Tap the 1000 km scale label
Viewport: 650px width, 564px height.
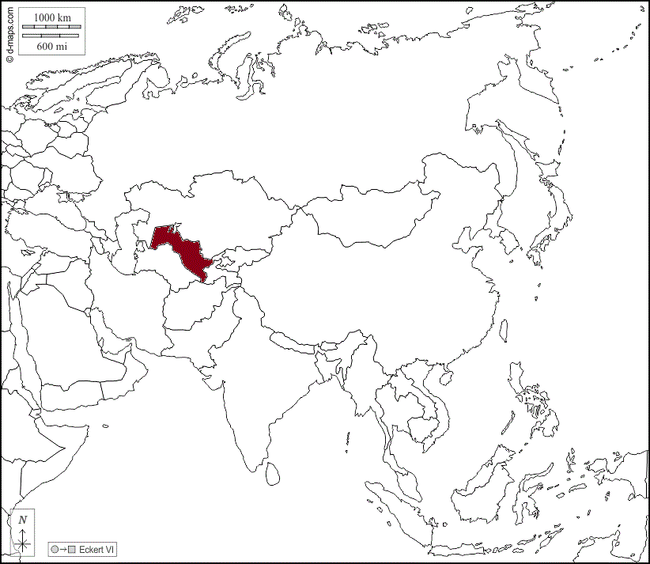tap(51, 17)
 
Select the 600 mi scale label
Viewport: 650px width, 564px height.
tap(51, 46)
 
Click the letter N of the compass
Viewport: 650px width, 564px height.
tap(23, 520)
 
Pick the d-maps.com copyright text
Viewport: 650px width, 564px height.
tap(9, 32)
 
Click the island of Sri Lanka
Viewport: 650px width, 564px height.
tap(273, 473)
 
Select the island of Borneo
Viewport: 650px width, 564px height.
tap(482, 483)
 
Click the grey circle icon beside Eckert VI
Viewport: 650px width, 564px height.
tap(55, 549)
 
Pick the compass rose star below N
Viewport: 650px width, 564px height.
tap(24, 542)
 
